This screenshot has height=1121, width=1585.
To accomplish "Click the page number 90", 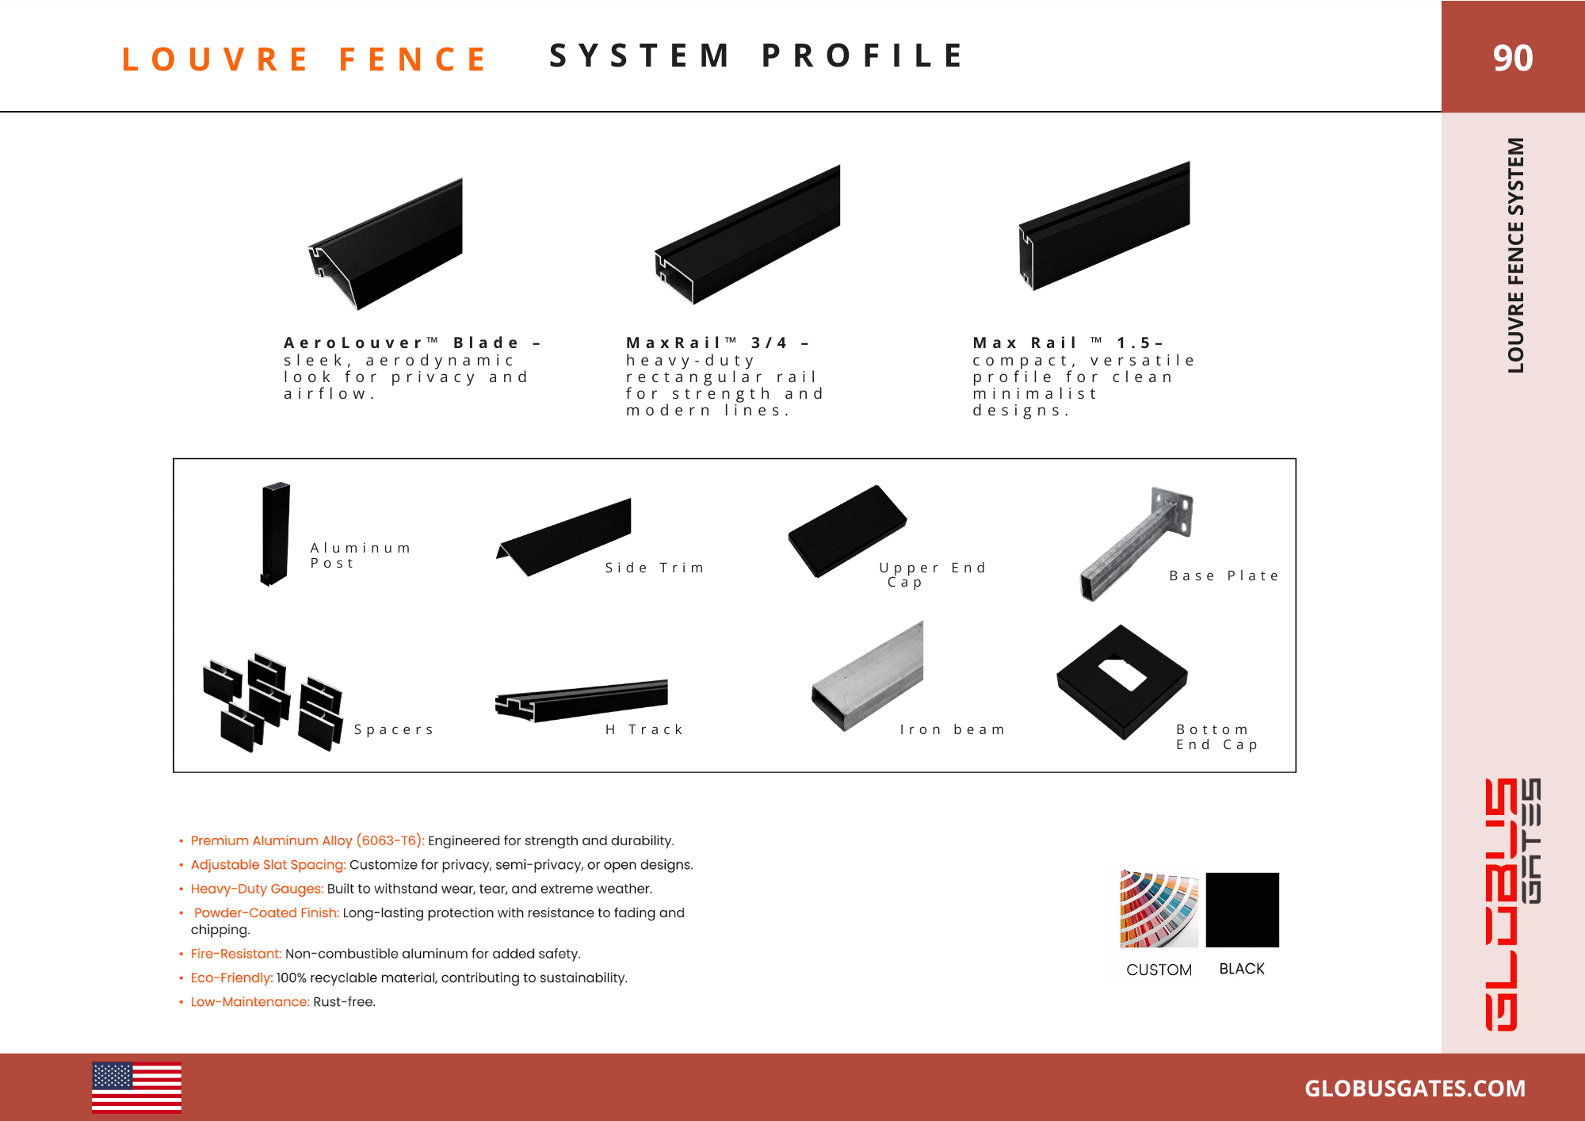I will [x=1512, y=58].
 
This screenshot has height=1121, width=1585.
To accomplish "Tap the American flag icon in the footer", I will [x=136, y=1087].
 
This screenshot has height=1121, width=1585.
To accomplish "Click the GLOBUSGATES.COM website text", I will [x=1415, y=1088].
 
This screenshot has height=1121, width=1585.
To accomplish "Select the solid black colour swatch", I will [x=1242, y=909].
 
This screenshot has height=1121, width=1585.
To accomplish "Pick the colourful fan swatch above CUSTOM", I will [x=1158, y=909].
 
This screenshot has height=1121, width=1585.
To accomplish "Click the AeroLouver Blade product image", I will [x=388, y=246].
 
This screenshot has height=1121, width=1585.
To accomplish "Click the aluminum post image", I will [x=275, y=534].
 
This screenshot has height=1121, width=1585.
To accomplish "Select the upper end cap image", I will [x=846, y=531].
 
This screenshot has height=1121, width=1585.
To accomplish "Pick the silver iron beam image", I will [x=868, y=678].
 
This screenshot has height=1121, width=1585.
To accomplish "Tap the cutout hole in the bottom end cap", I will [x=1121, y=673].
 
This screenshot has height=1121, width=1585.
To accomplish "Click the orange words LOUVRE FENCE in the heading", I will [x=304, y=59].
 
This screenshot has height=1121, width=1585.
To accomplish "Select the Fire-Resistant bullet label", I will [x=235, y=954].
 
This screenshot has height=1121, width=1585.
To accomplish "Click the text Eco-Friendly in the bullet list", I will [x=231, y=978].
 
